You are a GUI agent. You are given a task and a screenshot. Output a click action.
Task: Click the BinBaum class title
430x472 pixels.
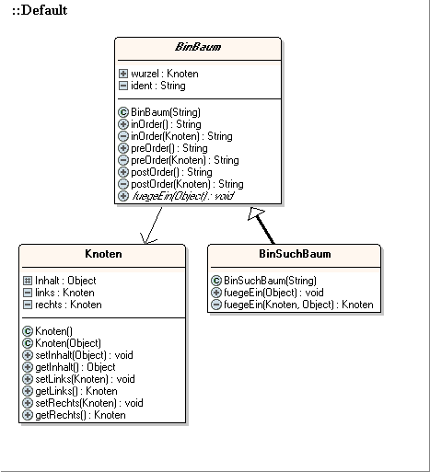198,47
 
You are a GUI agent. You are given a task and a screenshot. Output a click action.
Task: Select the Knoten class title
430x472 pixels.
103,254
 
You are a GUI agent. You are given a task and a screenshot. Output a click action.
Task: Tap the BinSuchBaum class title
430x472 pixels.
295,254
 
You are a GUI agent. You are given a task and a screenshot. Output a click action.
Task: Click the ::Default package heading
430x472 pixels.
40,10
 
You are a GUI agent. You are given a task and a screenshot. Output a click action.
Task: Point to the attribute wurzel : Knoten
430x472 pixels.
165,74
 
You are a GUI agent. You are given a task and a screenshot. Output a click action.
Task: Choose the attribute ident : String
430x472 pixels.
158,86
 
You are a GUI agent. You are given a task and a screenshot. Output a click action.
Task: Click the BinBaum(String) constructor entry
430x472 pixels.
166,112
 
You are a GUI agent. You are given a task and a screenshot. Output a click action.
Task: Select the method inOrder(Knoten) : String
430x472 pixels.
181,136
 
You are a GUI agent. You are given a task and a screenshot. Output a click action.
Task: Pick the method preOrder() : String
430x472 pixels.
169,148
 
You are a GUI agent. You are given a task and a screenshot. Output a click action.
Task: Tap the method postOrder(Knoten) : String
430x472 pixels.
187,184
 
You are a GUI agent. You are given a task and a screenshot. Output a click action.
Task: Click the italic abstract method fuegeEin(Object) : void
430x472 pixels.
183,196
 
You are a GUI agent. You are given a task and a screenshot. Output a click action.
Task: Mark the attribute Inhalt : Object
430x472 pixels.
65,281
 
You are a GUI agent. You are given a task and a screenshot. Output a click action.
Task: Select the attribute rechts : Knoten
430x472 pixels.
68,305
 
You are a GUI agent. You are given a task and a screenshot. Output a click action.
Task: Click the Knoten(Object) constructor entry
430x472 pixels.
68,343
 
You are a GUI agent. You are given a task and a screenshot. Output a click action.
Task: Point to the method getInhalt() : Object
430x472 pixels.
76,367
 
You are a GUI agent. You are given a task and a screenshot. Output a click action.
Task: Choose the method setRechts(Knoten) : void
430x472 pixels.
89,403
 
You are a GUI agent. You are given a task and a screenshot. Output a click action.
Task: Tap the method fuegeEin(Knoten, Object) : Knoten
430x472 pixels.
298,305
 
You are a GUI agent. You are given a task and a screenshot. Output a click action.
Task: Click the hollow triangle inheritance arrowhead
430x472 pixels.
256,213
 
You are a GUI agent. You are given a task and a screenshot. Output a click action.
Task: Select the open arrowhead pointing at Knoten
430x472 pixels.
147,239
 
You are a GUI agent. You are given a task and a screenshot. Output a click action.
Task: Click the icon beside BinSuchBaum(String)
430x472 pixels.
216,281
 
